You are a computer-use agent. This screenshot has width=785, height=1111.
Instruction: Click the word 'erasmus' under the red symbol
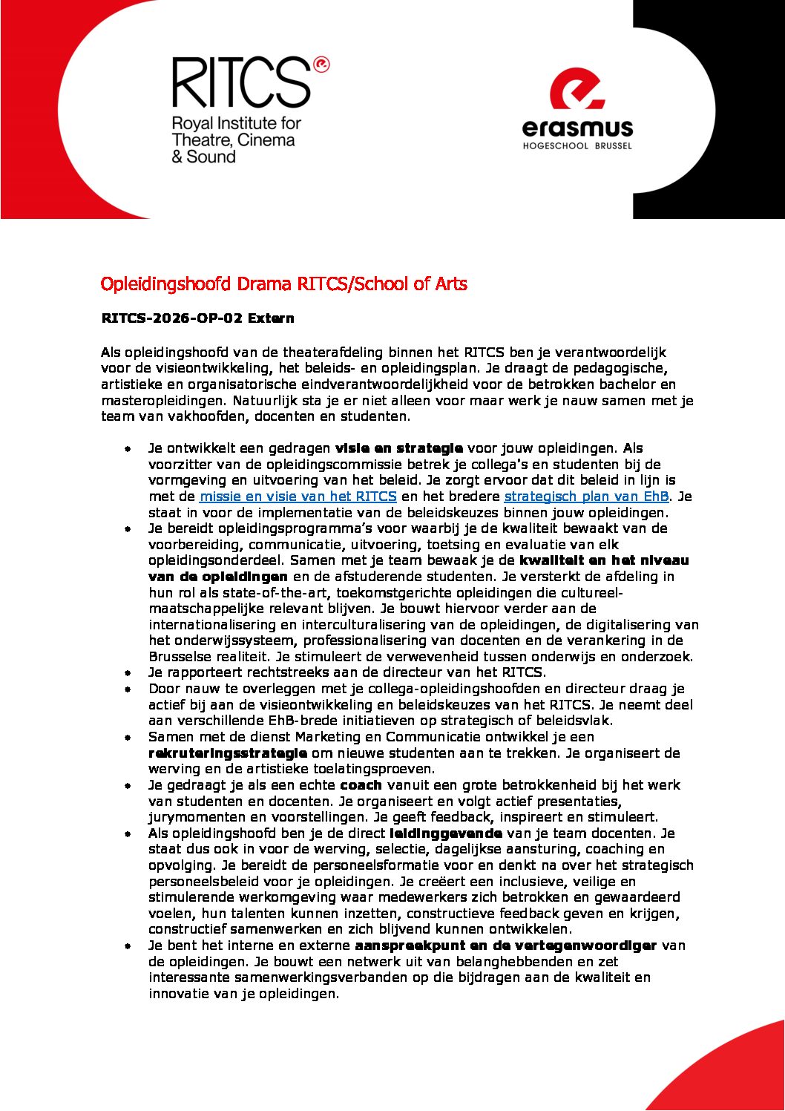577,128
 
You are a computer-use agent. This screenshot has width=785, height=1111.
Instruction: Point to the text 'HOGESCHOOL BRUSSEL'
577,146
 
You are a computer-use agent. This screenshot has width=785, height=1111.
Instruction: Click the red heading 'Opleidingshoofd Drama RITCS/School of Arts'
283,284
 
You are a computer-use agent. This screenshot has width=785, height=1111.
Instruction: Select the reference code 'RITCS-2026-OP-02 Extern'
197,318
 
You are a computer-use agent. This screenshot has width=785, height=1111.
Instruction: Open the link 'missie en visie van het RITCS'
298,496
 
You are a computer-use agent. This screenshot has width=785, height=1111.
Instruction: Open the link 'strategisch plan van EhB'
586,496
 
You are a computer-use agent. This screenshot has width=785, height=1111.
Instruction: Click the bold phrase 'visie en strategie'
399,448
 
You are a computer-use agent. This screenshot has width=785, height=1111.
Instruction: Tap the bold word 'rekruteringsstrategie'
228,753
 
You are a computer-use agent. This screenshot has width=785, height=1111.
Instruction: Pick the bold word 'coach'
361,785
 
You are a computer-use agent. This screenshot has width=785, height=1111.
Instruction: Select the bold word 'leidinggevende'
445,833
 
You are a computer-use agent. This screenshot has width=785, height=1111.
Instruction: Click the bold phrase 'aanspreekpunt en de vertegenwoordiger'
505,946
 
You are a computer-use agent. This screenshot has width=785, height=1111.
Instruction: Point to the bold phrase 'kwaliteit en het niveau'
604,560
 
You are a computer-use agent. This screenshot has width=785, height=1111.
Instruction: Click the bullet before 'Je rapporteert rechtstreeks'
128,673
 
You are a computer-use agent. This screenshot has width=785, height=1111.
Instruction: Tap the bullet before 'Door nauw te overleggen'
128,689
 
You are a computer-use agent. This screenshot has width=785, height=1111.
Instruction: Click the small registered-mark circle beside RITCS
321,65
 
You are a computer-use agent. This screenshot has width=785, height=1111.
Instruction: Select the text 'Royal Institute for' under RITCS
236,123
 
